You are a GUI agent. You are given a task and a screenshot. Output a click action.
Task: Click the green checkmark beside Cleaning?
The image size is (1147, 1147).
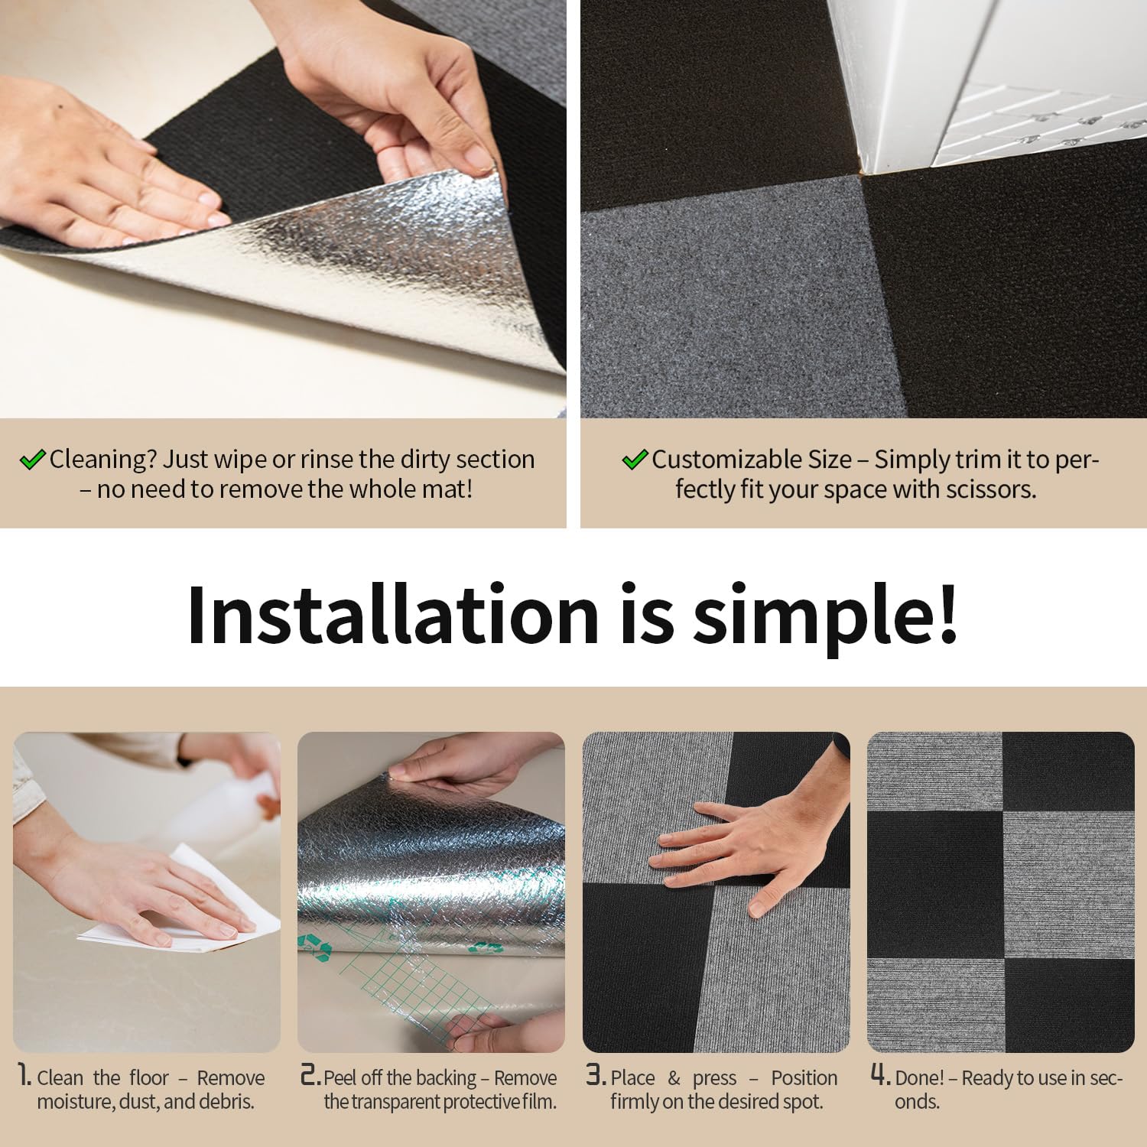point(32,460)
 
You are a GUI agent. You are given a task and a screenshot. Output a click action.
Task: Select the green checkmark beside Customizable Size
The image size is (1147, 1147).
point(635,460)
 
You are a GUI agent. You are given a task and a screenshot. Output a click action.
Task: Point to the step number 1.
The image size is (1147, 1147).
point(24,1075)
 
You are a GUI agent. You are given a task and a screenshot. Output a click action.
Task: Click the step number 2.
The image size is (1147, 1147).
point(310,1075)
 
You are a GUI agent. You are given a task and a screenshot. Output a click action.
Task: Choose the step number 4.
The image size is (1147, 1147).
point(881,1075)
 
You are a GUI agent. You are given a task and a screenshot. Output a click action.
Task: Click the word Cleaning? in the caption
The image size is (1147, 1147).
point(103,460)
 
